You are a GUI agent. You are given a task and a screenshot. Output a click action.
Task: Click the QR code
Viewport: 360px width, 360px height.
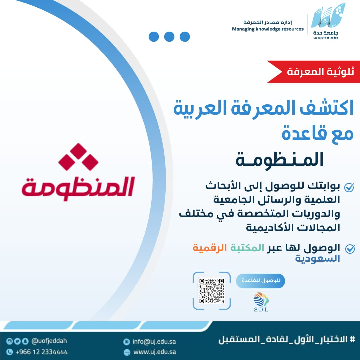coord(211,291)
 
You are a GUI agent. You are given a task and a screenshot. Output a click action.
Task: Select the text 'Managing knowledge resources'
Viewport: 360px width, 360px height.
coord(268,29)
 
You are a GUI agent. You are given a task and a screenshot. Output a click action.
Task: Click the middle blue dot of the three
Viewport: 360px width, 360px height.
coord(169,37)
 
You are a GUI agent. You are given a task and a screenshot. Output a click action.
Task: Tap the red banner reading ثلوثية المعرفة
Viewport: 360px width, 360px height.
coord(313,72)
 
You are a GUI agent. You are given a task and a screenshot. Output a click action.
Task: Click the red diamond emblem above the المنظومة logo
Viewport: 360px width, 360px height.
coord(78,157)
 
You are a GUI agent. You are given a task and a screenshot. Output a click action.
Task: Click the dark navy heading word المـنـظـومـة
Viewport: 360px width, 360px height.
coord(280,160)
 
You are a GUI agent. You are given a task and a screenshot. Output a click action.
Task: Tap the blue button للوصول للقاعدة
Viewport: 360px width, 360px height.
coord(260,281)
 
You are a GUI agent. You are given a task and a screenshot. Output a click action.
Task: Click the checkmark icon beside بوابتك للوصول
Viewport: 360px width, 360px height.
coord(349,187)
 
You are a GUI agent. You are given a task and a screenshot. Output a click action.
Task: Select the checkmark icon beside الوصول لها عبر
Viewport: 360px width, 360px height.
coord(350,249)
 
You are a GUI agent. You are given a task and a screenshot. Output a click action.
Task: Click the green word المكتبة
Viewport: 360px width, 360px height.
coord(247,248)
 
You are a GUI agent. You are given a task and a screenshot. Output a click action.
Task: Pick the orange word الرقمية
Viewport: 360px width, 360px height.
coord(210,248)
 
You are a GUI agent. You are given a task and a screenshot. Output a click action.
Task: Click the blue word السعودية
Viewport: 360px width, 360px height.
coord(317,259)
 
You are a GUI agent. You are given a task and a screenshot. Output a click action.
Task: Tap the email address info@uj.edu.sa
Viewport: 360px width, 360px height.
coord(154,342)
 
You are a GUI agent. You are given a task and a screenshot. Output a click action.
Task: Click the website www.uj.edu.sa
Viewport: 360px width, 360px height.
coord(155,352)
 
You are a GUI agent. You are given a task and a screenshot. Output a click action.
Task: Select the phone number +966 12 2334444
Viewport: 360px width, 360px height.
coord(42,352)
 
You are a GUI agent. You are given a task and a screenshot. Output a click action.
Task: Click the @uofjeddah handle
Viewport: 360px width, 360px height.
coord(49,341)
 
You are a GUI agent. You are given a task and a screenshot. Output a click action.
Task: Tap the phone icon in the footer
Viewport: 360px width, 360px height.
coord(9,352)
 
